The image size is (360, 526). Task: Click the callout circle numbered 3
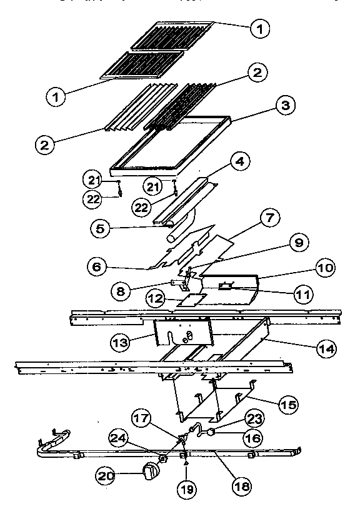coord(284,106)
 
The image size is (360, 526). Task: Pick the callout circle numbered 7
coord(269,220)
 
